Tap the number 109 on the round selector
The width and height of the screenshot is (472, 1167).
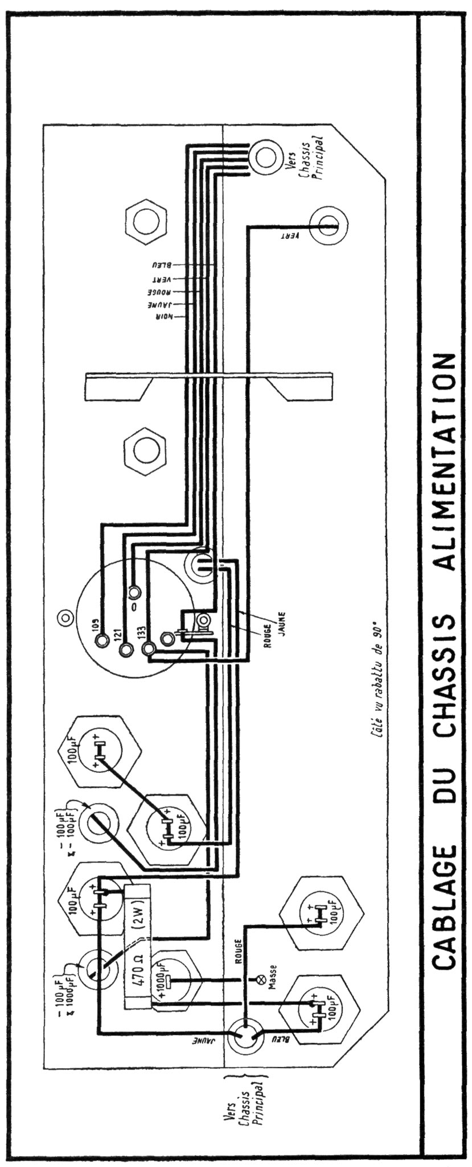pyautogui.click(x=96, y=626)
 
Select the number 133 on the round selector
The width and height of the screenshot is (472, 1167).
pyautogui.click(x=141, y=632)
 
